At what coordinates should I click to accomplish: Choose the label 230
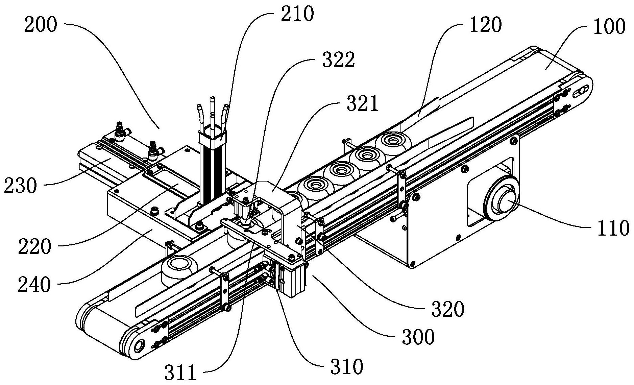coord(20,185)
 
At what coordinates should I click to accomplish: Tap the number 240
coord(34,285)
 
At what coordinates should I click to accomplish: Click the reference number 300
coord(418,336)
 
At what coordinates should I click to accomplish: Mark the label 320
coord(447,308)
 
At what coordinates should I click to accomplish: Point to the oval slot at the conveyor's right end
coord(581,92)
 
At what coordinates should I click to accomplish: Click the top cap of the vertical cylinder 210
coord(212,135)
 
